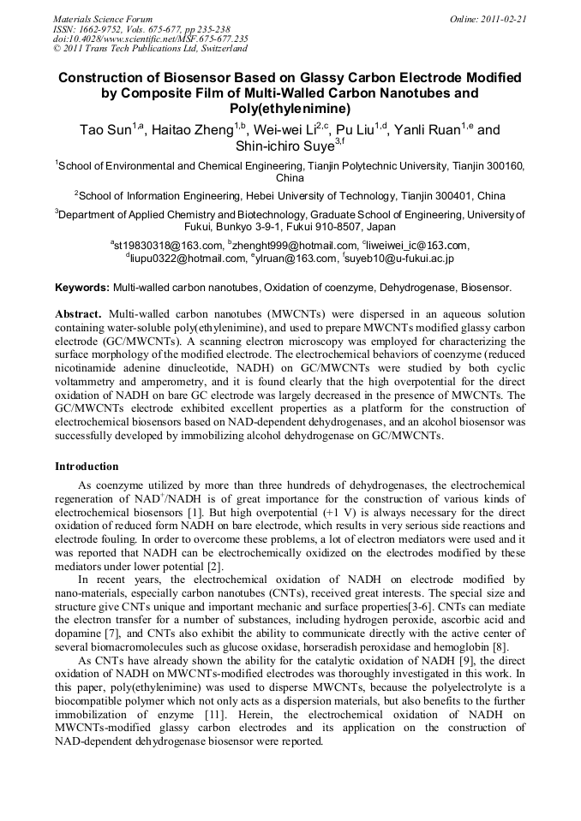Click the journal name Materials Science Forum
(103, 18)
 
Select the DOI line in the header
(150, 39)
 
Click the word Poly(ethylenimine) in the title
(290, 109)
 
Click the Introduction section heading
(87, 467)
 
